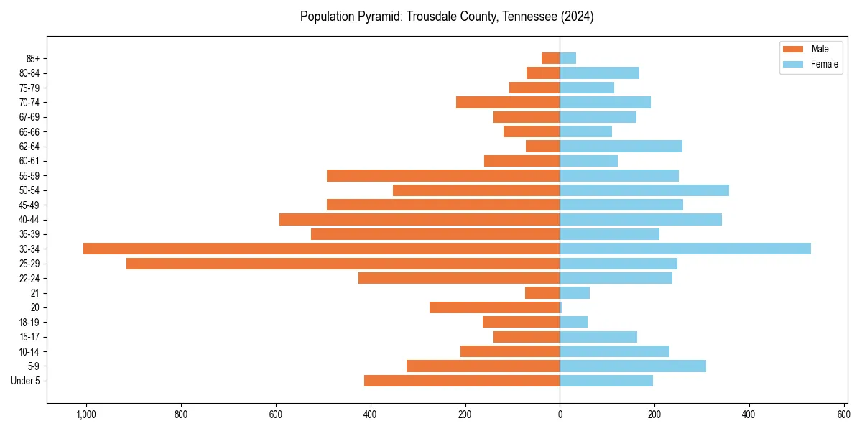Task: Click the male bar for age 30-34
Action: pyautogui.click(x=321, y=249)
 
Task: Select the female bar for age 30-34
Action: pyautogui.click(x=685, y=249)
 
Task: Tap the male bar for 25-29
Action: pyautogui.click(x=343, y=264)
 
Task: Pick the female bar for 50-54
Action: pyautogui.click(x=644, y=190)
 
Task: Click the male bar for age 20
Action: pyautogui.click(x=494, y=307)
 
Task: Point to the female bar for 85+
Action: pyautogui.click(x=567, y=58)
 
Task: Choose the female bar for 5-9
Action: pyautogui.click(x=633, y=366)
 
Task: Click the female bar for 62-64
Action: pyautogui.click(x=621, y=147)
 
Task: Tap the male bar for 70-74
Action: pyautogui.click(x=508, y=102)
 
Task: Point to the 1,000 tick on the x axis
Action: pyautogui.click(x=86, y=414)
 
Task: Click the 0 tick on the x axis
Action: pyautogui.click(x=560, y=414)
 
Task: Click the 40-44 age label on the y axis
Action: pyautogui.click(x=29, y=220)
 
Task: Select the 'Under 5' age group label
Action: pyautogui.click(x=25, y=381)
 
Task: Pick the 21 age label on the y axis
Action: pyautogui.click(x=34, y=293)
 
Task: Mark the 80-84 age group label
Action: pyautogui.click(x=29, y=73)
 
